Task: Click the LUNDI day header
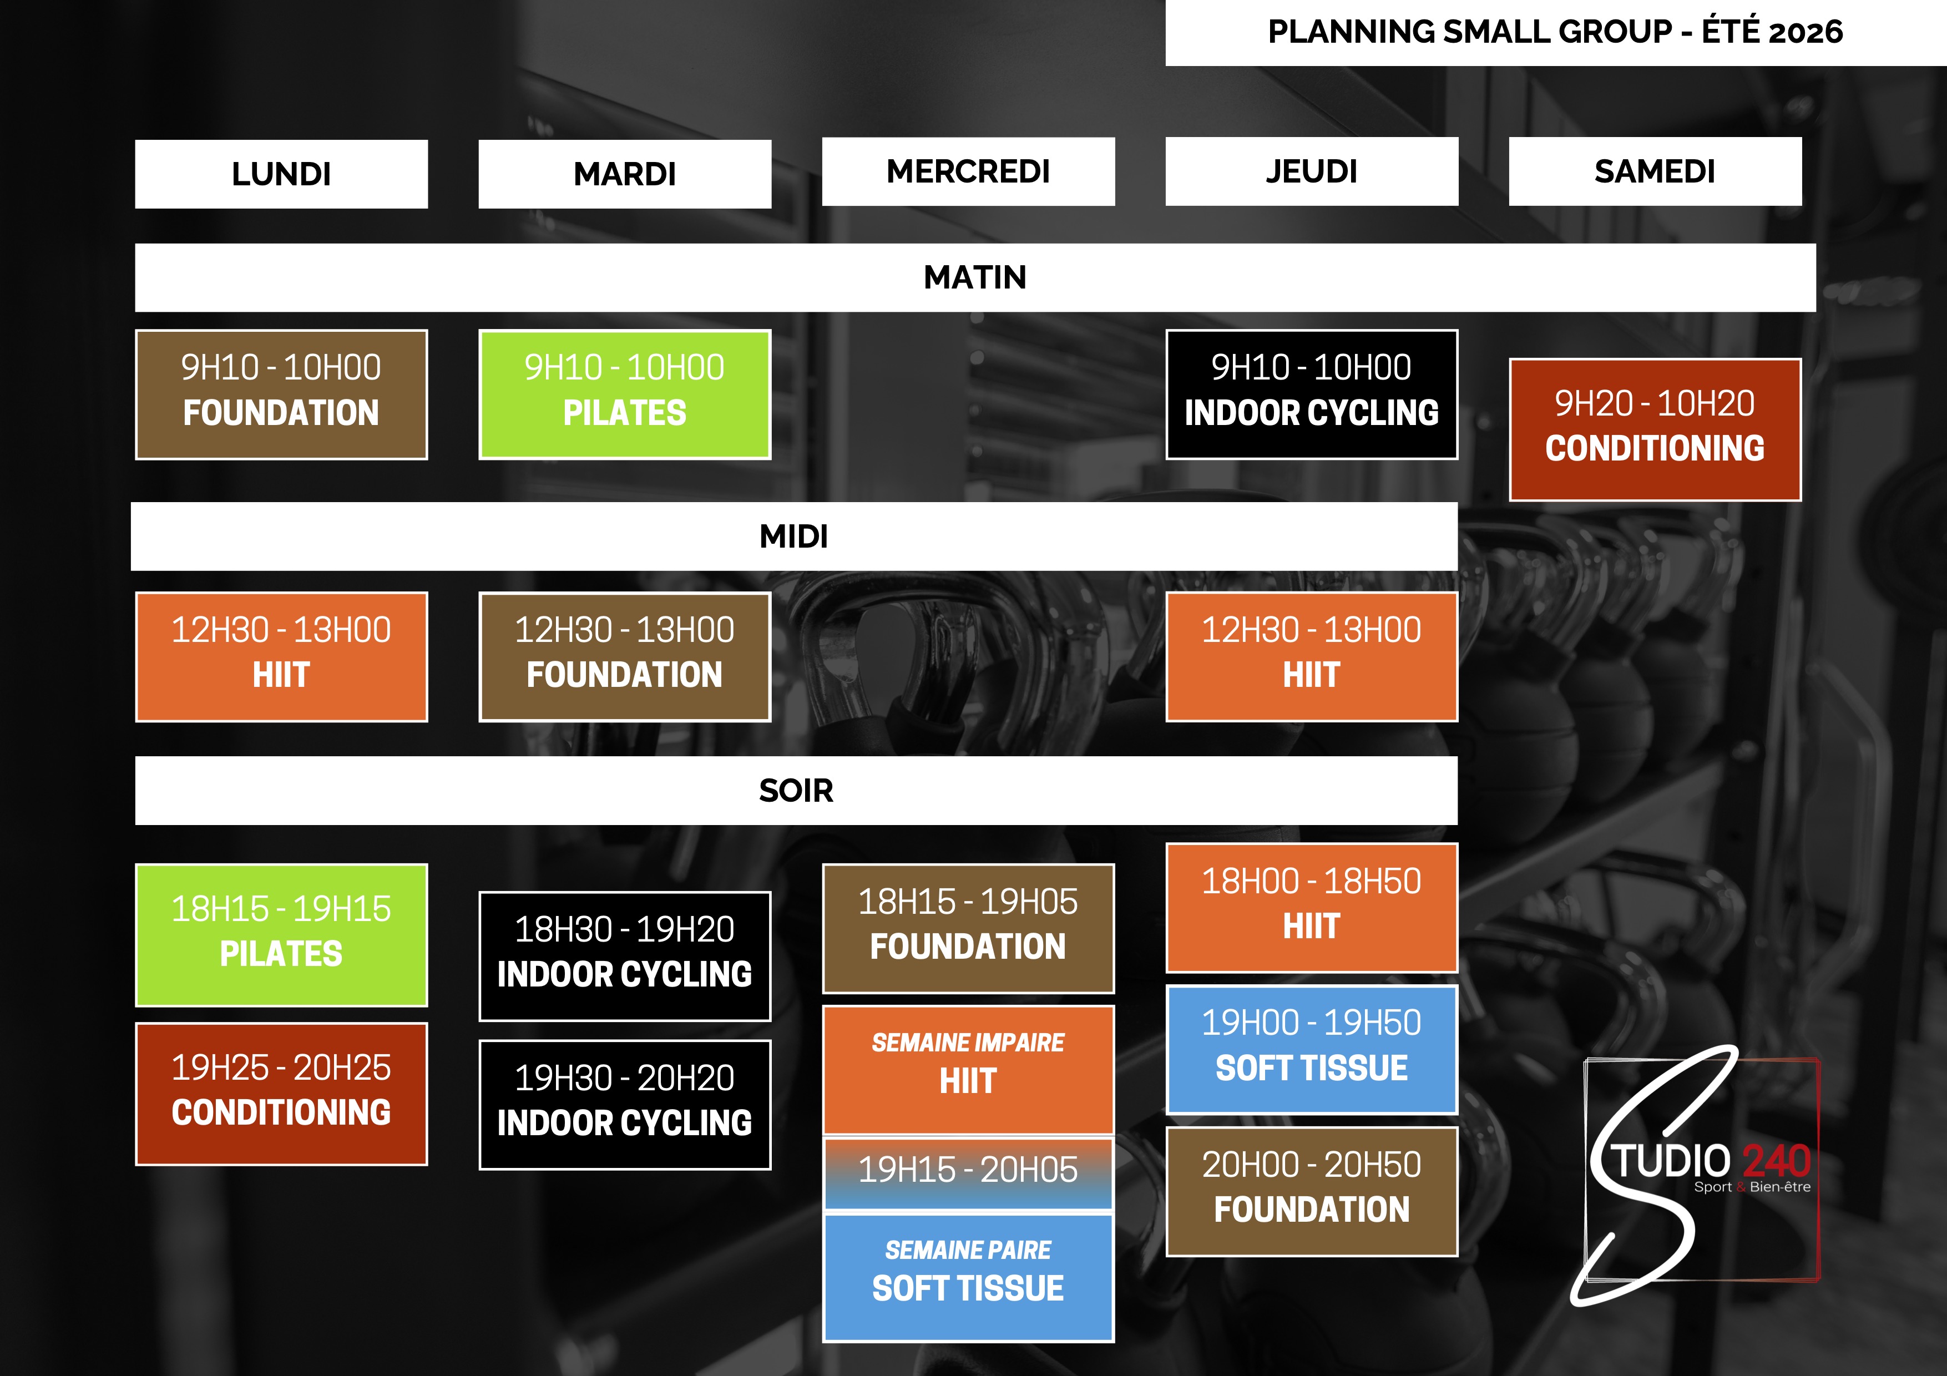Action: pos(281,174)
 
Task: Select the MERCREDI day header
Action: pos(968,171)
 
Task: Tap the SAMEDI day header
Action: pos(1655,171)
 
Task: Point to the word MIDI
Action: pos(793,536)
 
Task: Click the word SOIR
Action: pos(796,790)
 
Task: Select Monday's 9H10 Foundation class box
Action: pos(281,394)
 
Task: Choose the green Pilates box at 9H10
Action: pos(624,394)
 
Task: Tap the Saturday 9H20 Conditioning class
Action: pos(1655,429)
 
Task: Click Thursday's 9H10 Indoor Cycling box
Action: pos(1311,394)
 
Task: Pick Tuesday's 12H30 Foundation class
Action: pos(624,657)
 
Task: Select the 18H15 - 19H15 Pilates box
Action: pos(281,935)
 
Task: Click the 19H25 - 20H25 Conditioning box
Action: pos(281,1094)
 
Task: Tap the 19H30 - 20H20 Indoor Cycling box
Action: pos(624,1105)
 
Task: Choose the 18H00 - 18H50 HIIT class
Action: pos(1311,907)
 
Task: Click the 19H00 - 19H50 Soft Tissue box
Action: pos(1311,1049)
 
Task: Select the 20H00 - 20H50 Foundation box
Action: pos(1311,1191)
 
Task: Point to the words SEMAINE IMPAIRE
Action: pos(968,1043)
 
